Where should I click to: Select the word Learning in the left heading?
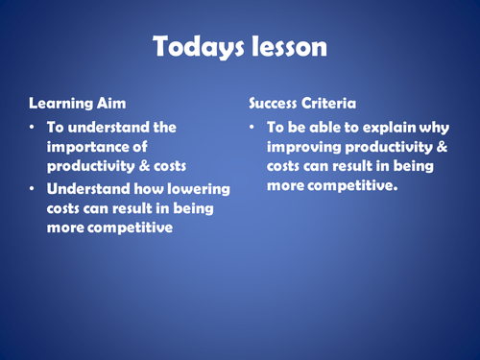pos(59,101)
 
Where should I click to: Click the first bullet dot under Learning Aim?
pos(34,127)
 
